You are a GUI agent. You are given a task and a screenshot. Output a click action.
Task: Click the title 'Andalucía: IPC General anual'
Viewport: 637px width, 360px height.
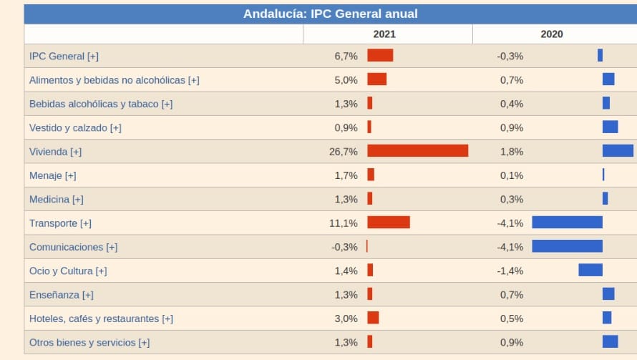click(330, 14)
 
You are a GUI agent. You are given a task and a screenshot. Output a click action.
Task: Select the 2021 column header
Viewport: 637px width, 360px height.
click(384, 34)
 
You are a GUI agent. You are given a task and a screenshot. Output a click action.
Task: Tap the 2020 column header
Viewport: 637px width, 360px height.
click(551, 34)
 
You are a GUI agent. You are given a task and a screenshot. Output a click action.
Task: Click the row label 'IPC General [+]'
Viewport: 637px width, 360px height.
click(64, 56)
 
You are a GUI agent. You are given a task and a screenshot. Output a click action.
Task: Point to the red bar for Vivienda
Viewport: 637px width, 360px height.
click(417, 151)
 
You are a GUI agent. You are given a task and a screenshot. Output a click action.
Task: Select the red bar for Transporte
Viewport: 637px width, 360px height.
click(389, 223)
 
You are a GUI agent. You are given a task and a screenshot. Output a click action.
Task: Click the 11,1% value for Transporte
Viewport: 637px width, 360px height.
click(344, 223)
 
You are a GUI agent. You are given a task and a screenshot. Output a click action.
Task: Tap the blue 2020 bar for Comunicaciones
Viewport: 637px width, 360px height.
click(567, 246)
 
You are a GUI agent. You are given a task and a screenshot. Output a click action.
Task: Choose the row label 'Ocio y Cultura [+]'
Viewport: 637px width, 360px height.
click(68, 271)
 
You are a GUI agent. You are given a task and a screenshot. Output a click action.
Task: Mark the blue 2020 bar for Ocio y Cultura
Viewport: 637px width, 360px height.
click(590, 270)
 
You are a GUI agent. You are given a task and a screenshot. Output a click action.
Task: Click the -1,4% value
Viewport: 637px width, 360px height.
click(510, 271)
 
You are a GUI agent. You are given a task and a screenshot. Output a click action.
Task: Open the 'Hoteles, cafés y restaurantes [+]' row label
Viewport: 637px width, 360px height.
click(101, 318)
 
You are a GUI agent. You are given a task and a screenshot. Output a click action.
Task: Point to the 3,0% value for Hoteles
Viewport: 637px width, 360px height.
click(346, 318)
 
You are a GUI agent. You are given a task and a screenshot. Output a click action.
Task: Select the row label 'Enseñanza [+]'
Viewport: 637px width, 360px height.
click(62, 294)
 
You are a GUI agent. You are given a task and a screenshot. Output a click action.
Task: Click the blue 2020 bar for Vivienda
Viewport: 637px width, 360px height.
click(618, 150)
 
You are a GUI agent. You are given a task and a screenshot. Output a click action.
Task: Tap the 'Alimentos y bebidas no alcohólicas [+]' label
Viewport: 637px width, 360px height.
click(115, 80)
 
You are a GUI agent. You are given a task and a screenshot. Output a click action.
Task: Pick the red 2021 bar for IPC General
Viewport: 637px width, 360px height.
click(380, 55)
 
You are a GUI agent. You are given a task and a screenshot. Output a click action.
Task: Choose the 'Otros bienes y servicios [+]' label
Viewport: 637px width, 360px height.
click(89, 342)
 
